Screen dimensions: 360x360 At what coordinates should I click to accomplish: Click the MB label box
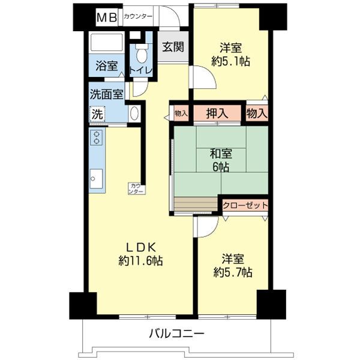coord(107,17)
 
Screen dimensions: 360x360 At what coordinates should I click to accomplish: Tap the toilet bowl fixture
coord(142,54)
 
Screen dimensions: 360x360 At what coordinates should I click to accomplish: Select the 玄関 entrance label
coord(173,47)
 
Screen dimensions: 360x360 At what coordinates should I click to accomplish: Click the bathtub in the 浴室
coord(107,42)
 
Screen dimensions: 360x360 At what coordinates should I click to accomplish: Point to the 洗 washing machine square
coord(97,114)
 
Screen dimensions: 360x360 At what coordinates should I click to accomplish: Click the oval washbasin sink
coord(134,113)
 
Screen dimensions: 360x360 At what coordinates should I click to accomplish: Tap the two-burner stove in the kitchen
coord(97,137)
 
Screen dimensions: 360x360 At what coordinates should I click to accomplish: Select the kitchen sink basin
coord(96,179)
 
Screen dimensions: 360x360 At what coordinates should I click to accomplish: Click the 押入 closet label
coord(217,113)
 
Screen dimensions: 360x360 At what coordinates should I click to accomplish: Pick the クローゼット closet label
coord(245,205)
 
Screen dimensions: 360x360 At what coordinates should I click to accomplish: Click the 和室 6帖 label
coord(221,160)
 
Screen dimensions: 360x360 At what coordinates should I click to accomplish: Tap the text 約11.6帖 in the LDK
coord(140,261)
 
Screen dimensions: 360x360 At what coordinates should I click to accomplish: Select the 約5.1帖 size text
coord(230,61)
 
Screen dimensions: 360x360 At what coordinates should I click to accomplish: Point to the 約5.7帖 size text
coord(233,272)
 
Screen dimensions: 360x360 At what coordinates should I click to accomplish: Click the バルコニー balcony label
coord(176,334)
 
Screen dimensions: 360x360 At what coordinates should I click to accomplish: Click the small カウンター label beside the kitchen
coord(136,188)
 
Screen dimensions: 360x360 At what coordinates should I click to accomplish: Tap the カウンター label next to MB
coord(138,17)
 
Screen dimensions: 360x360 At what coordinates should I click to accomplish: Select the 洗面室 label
coord(107,94)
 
